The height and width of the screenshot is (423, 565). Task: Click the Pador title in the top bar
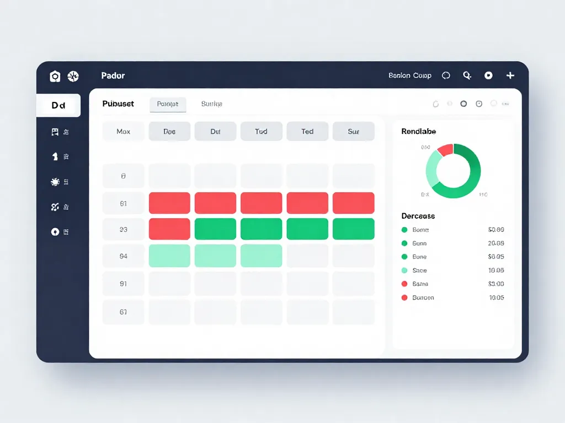click(x=113, y=75)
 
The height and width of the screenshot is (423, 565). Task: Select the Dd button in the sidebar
click(x=58, y=105)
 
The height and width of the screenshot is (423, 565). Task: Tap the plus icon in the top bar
click(x=510, y=75)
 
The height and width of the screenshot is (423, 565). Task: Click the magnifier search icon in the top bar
click(x=467, y=75)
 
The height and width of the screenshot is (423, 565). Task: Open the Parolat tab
click(x=168, y=104)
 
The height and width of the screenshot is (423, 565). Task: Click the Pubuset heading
click(x=118, y=104)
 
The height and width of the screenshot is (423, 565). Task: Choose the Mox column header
click(x=124, y=132)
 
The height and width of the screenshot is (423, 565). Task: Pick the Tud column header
click(x=262, y=132)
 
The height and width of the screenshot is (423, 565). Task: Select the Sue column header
click(x=353, y=132)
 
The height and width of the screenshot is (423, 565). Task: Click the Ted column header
click(x=307, y=132)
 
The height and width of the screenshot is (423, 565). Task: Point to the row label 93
click(x=124, y=229)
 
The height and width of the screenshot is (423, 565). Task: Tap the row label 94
click(x=124, y=256)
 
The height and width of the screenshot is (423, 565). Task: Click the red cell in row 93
click(x=169, y=229)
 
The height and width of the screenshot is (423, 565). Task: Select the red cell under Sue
click(x=353, y=203)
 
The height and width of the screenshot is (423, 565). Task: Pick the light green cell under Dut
click(x=215, y=256)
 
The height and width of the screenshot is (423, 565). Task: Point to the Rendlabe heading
click(x=419, y=131)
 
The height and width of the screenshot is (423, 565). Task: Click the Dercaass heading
click(x=418, y=216)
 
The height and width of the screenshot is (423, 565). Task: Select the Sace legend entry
click(x=419, y=270)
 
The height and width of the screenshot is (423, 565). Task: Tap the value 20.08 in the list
click(x=496, y=243)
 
